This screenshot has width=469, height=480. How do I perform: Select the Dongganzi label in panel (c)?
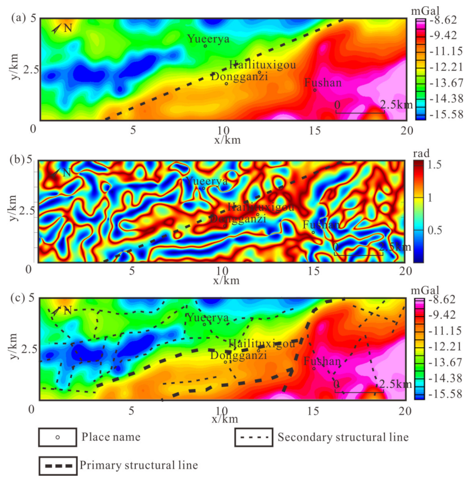click(238, 356)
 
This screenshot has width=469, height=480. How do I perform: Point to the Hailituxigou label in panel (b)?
click(261, 207)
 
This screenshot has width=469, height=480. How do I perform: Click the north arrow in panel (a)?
click(57, 29)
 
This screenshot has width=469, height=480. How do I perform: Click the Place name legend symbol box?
click(58, 436)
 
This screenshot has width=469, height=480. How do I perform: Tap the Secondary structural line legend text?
click(343, 436)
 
